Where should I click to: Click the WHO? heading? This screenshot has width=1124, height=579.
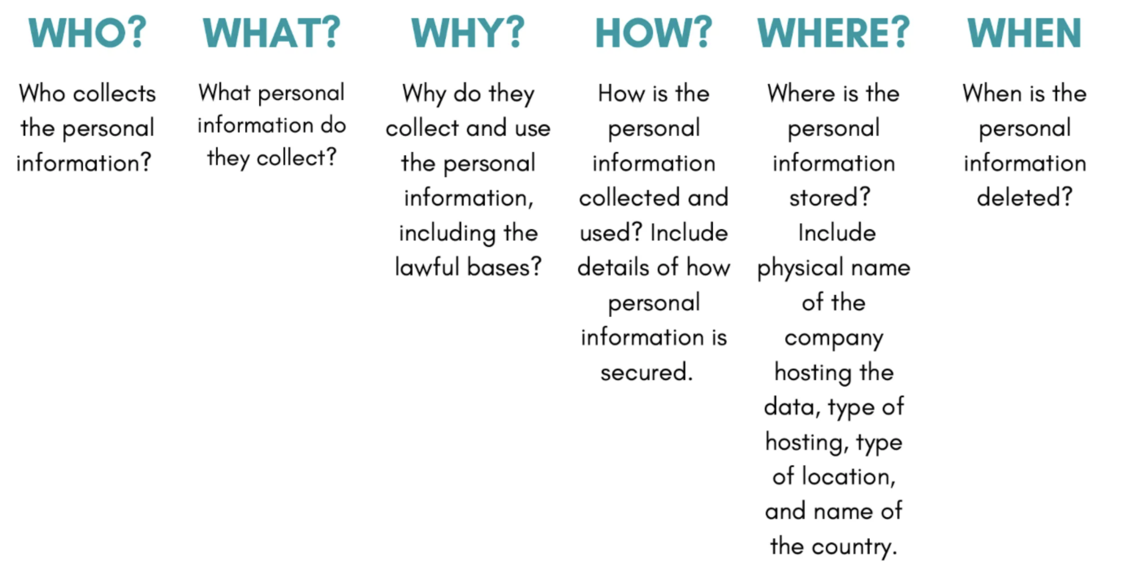click(87, 32)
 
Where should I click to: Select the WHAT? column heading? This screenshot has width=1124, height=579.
click(272, 32)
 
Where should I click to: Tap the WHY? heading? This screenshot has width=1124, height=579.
click(468, 32)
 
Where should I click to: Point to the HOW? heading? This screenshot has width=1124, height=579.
click(653, 32)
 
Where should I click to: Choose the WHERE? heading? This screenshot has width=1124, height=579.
click(834, 32)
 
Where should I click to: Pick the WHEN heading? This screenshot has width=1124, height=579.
click(1024, 32)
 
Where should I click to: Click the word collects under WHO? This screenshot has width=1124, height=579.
click(114, 94)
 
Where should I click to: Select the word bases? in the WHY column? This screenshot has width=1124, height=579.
click(504, 267)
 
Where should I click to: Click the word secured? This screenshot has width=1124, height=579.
click(647, 372)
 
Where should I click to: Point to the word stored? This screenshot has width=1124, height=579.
click(830, 197)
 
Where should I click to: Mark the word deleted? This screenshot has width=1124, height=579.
click(1025, 197)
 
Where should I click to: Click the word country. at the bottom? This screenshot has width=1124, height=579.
click(854, 546)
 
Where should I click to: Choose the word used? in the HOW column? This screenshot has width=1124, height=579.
click(611, 232)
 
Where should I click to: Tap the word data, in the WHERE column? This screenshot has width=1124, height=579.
click(792, 407)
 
